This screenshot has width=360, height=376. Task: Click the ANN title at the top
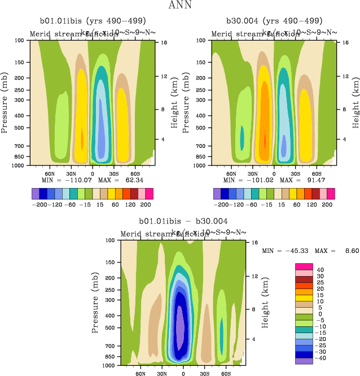pyautogui.click(x=179, y=6)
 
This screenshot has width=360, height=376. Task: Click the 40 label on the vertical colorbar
pyautogui.click(x=320, y=270)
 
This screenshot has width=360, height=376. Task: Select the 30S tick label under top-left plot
pyautogui.click(x=114, y=174)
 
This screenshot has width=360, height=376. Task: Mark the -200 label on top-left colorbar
pyautogui.click(x=39, y=204)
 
